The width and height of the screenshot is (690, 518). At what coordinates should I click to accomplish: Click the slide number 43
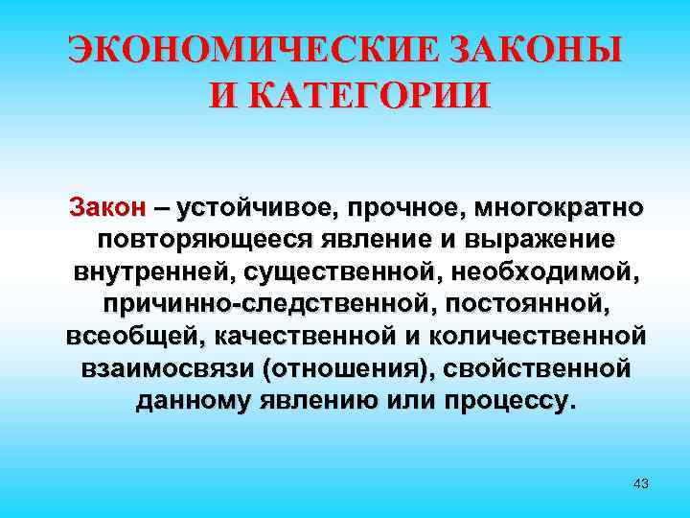coord(641,483)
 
